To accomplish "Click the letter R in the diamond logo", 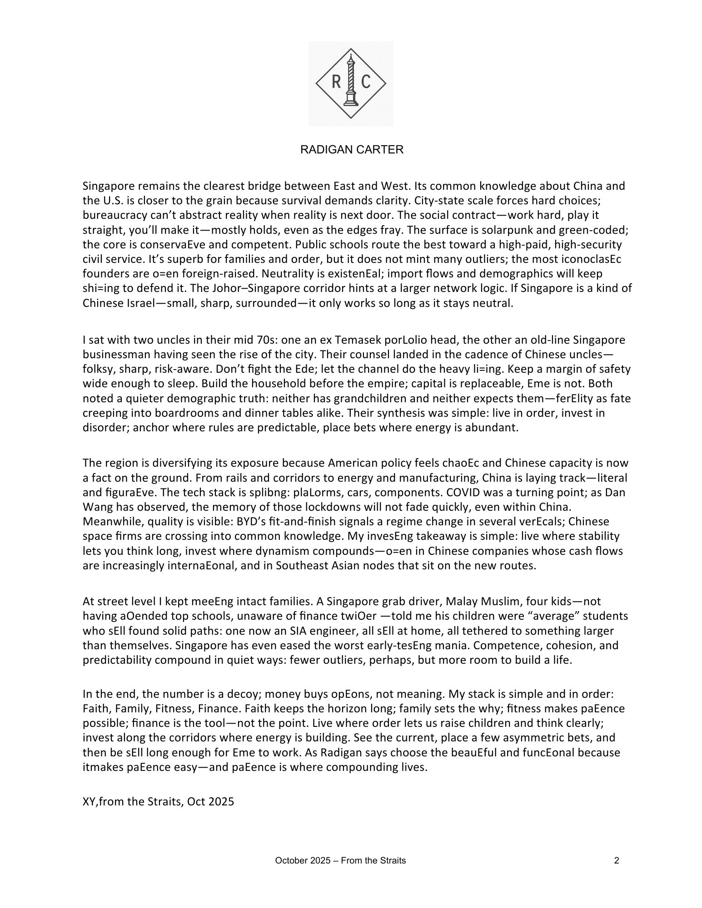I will pyautogui.click(x=336, y=82).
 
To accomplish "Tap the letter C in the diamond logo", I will pyautogui.click(x=366, y=82).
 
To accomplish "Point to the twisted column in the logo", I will pyautogui.click(x=350, y=79).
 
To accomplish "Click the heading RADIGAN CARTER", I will pyautogui.click(x=352, y=150).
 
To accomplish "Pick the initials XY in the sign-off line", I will pyautogui.click(x=89, y=802).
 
